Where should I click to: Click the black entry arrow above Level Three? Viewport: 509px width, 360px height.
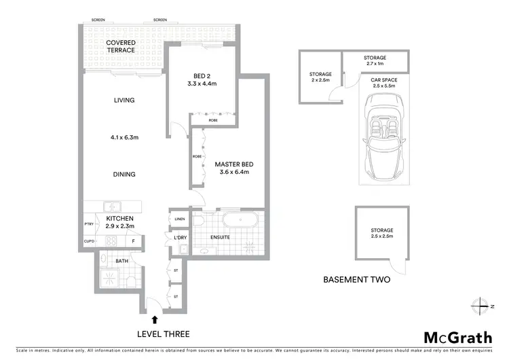pyautogui.click(x=155, y=319)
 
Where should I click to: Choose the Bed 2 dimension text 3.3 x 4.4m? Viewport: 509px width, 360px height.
pyautogui.click(x=201, y=84)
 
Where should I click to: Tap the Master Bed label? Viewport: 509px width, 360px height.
pyautogui.click(x=233, y=164)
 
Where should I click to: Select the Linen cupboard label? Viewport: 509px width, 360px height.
pyautogui.click(x=180, y=219)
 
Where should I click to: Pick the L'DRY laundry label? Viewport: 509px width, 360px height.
pyautogui.click(x=180, y=237)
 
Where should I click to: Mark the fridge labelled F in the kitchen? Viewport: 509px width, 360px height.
pyautogui.click(x=134, y=241)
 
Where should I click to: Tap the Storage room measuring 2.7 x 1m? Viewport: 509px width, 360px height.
pyautogui.click(x=375, y=61)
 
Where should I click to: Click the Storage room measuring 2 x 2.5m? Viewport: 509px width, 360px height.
pyautogui.click(x=320, y=77)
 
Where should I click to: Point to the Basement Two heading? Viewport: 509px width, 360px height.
pyautogui.click(x=356, y=279)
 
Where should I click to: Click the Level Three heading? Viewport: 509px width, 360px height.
pyautogui.click(x=163, y=334)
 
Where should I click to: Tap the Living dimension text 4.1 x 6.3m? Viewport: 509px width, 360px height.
pyautogui.click(x=124, y=137)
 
